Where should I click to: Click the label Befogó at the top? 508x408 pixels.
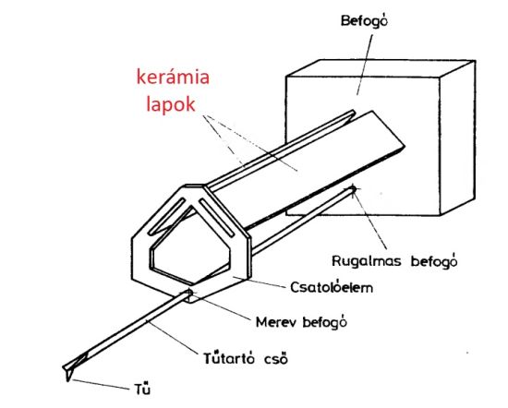[x=364, y=21]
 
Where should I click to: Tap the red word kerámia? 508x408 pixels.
[x=173, y=78]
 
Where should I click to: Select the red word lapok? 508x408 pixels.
[x=171, y=104]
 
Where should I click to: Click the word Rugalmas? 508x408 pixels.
[x=367, y=261]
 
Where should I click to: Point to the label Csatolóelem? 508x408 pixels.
[x=332, y=287]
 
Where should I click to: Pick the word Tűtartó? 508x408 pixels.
[x=231, y=358]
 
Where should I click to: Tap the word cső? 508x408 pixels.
[x=276, y=359]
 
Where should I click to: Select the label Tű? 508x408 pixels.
[x=142, y=388]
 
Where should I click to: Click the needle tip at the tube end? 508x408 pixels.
[x=68, y=380]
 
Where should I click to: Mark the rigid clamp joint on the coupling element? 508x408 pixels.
[x=188, y=293]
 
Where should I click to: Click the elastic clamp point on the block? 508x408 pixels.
[x=353, y=189]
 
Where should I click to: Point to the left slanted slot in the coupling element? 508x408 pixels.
[x=167, y=216]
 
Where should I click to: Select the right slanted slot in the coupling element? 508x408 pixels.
[x=216, y=217]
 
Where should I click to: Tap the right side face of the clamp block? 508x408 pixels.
[x=457, y=138]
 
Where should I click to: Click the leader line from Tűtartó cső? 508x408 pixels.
[x=173, y=337]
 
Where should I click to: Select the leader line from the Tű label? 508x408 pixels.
[x=100, y=384]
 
